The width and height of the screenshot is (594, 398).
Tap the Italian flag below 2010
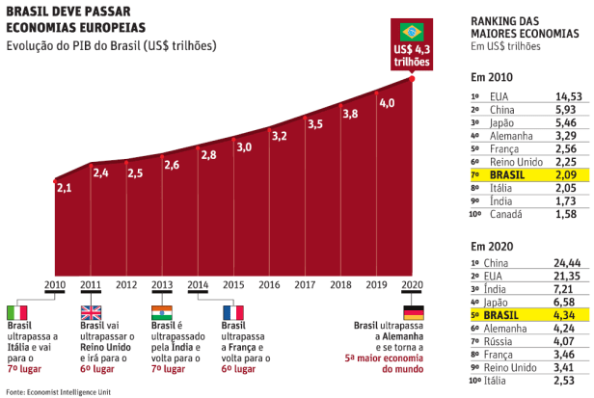(x=17, y=312)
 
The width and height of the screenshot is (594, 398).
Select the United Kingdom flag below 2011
(x=90, y=312)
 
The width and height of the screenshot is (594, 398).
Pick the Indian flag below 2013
(x=162, y=312)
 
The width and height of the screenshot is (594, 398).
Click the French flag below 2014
(x=232, y=312)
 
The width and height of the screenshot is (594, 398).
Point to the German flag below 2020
(x=414, y=312)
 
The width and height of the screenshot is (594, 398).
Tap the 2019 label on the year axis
(x=377, y=284)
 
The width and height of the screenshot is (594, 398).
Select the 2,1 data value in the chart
(x=65, y=188)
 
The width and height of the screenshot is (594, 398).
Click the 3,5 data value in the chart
(x=315, y=123)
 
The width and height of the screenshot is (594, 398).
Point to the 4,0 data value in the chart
(x=387, y=102)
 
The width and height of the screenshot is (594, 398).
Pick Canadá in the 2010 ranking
(x=505, y=214)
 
